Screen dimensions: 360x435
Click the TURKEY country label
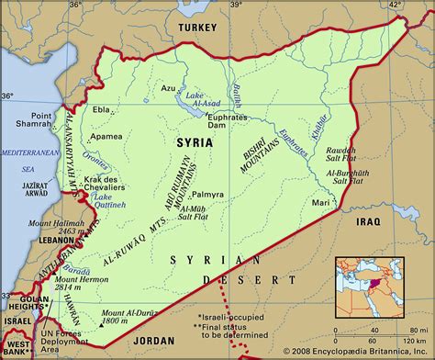197,28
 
